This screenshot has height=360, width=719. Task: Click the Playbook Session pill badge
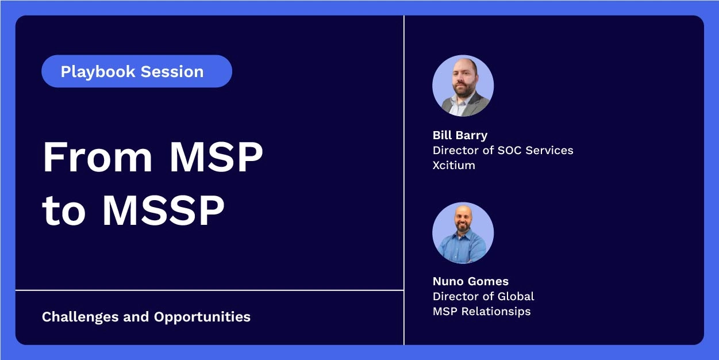pos(137,71)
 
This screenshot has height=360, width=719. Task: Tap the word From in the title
pos(95,156)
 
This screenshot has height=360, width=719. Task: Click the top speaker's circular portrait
pos(463,86)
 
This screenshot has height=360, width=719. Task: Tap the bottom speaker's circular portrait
pos(463,233)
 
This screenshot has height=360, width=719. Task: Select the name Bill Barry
pos(460,135)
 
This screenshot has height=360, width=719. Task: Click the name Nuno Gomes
pos(470,281)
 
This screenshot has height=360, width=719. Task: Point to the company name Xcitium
pos(453,165)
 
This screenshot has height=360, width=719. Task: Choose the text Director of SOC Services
pos(503,150)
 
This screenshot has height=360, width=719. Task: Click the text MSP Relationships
pos(482,311)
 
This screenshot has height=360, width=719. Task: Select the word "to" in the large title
pos(64,211)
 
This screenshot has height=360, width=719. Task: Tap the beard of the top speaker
pos(463,90)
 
